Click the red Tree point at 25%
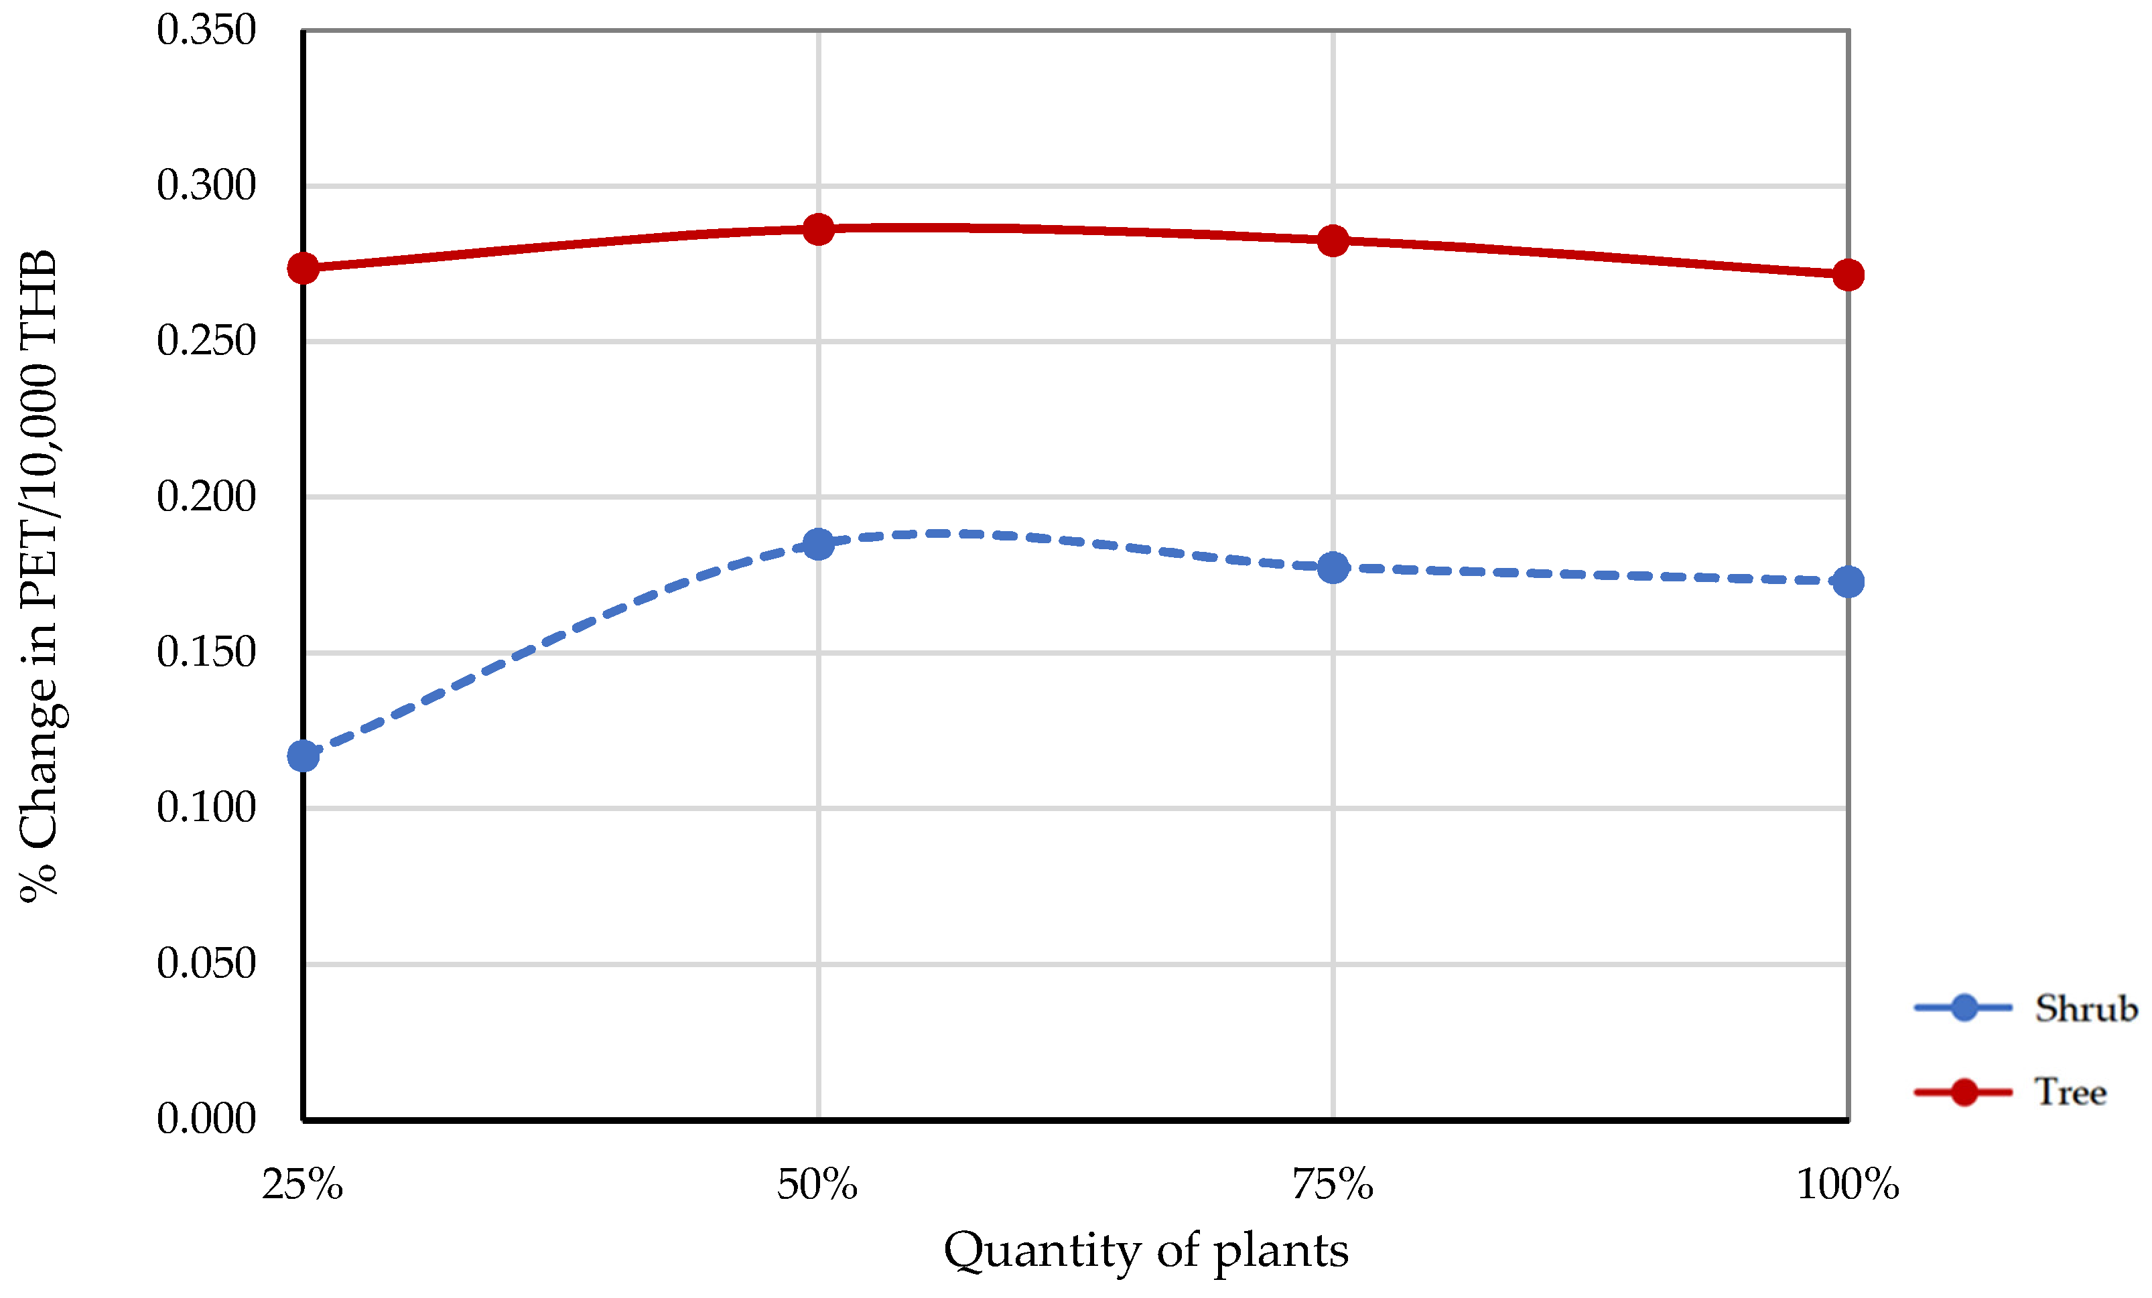click(x=303, y=268)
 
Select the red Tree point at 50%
click(x=818, y=230)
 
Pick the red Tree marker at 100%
click(x=1848, y=275)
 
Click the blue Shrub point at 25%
click(x=303, y=755)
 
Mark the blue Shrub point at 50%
click(x=818, y=544)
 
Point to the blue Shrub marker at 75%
click(x=1333, y=567)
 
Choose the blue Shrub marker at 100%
click(x=1848, y=581)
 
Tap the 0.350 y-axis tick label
click(x=206, y=31)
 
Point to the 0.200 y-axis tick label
click(x=206, y=497)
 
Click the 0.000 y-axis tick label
click(x=206, y=1119)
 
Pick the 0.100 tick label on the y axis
click(x=206, y=808)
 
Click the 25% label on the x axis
click(x=302, y=1185)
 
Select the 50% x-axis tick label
click(x=817, y=1185)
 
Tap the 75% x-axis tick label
click(x=1333, y=1185)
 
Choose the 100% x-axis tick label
click(x=1847, y=1185)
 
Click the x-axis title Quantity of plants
click(x=1146, y=1251)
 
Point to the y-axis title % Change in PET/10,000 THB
click(x=40, y=576)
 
